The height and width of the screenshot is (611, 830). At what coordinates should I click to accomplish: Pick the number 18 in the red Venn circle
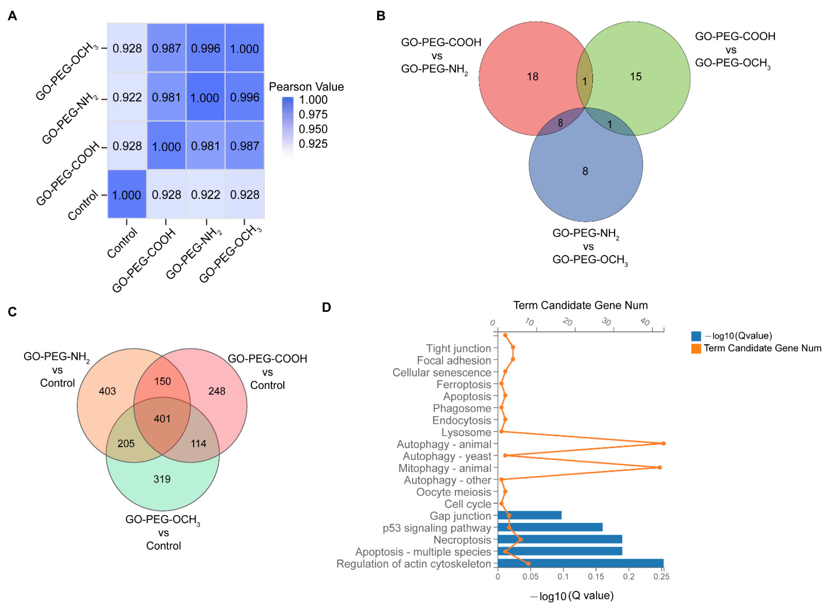(532, 77)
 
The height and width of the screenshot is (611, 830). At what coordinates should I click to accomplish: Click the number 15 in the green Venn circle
(635, 77)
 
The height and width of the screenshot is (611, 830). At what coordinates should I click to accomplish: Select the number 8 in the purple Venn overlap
(560, 123)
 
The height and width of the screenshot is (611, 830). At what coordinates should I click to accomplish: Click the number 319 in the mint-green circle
(162, 479)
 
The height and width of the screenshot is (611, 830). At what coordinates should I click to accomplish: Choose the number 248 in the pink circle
(217, 391)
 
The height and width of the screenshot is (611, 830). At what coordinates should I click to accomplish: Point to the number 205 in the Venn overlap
(126, 443)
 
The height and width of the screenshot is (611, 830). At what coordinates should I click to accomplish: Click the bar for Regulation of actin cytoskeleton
(581, 563)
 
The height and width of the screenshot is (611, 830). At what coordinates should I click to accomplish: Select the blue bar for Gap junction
(529, 515)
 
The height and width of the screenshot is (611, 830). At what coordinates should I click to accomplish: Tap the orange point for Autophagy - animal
(663, 443)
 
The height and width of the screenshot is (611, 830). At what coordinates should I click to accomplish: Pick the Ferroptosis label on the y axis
(464, 384)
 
